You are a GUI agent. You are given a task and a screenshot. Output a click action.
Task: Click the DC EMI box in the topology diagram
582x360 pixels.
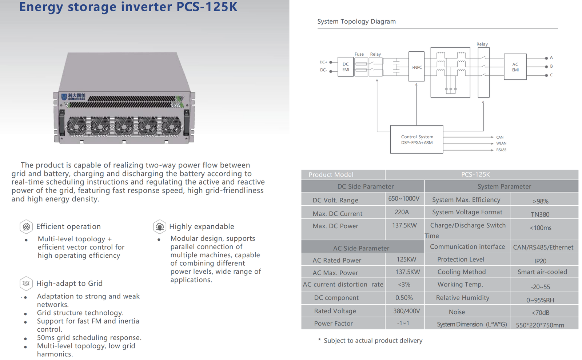click(x=345, y=67)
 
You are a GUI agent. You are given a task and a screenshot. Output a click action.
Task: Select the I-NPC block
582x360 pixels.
click(x=416, y=67)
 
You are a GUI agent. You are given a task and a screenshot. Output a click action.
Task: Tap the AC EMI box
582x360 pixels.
click(x=515, y=67)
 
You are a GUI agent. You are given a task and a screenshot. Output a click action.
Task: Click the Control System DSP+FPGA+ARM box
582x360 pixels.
click(x=416, y=139)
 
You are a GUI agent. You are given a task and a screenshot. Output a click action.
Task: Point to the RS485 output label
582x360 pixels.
click(x=501, y=150)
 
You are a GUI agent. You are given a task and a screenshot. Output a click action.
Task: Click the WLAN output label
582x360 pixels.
click(x=501, y=143)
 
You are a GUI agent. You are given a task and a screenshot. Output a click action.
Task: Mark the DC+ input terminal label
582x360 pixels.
click(x=323, y=62)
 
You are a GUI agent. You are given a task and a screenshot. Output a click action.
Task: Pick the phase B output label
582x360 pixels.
click(x=551, y=66)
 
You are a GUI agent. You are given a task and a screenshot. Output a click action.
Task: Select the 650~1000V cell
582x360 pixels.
click(x=404, y=199)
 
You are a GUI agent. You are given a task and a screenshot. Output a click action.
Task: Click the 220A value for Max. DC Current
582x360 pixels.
click(x=402, y=212)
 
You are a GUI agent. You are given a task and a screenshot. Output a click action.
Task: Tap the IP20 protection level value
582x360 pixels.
click(x=541, y=261)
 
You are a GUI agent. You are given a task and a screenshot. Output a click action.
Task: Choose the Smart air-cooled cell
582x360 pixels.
click(x=542, y=272)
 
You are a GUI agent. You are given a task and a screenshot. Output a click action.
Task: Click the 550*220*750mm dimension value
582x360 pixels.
click(x=540, y=325)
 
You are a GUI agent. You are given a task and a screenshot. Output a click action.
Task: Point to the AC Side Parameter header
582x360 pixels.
click(x=361, y=248)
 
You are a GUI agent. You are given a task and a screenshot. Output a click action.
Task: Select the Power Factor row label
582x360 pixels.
click(x=333, y=323)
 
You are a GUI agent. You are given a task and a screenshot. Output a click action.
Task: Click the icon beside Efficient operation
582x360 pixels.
click(x=26, y=227)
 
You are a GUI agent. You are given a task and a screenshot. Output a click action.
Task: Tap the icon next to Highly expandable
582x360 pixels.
click(x=160, y=227)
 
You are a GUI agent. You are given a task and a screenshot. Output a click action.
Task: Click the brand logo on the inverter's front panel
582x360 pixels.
click(x=73, y=97)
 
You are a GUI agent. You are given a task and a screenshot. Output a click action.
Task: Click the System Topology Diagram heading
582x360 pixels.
click(x=356, y=21)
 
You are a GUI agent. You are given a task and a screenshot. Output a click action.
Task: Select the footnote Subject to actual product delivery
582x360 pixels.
click(x=371, y=340)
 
